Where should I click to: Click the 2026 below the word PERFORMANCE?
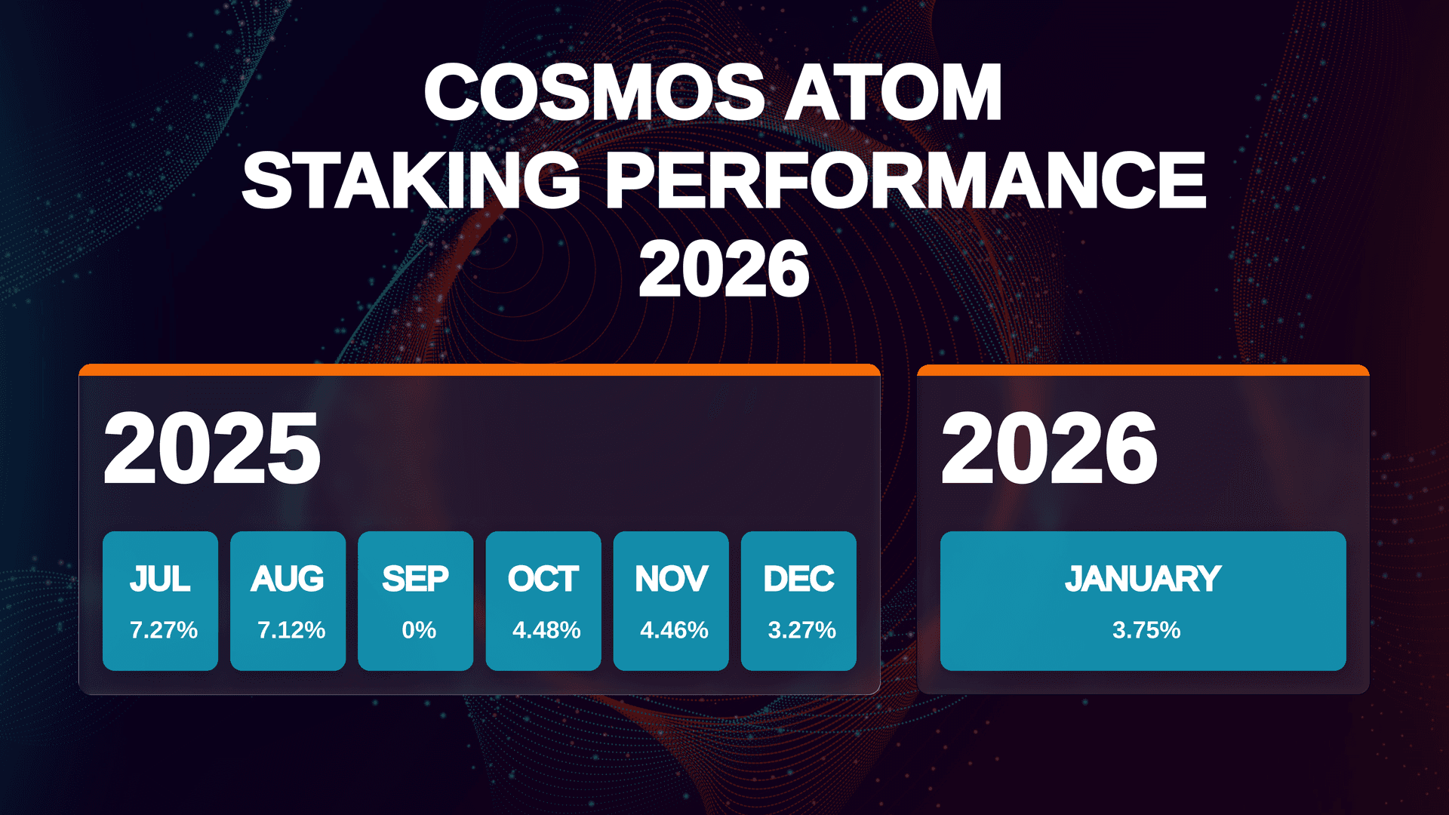pos(724,269)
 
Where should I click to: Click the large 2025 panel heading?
pos(212,449)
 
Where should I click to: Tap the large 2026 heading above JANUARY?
pos(1049,449)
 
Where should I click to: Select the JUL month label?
pos(160,579)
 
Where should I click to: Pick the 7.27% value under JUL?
pos(164,629)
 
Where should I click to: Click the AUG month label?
pos(288,579)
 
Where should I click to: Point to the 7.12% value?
pos(291,629)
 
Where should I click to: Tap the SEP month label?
pos(415,579)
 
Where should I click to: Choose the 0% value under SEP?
pos(419,629)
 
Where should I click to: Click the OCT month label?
pos(543,579)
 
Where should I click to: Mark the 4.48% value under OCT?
pos(546,629)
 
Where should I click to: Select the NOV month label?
pos(671,579)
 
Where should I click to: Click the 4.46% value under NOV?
pos(674,629)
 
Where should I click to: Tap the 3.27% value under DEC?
pos(801,629)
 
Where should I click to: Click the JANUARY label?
pos(1143,579)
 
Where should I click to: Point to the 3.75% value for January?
pos(1146,629)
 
